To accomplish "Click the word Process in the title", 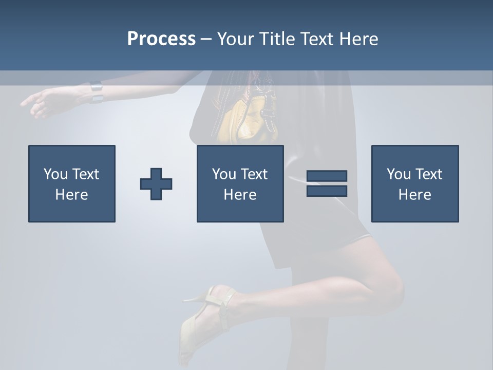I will (161, 39).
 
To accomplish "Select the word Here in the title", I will (357, 39).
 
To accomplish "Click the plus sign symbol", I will (156, 184).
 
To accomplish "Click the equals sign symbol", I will (327, 183).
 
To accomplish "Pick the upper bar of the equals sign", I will (327, 176).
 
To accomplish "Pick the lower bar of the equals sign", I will (327, 191).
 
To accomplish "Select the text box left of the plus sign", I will (72, 183).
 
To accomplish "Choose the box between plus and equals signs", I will (240, 183).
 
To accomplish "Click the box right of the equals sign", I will (414, 183).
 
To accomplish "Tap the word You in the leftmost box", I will (55, 174).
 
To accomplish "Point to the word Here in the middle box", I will (240, 195).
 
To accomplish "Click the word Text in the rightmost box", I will (428, 174).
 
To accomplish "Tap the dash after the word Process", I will (206, 40).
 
